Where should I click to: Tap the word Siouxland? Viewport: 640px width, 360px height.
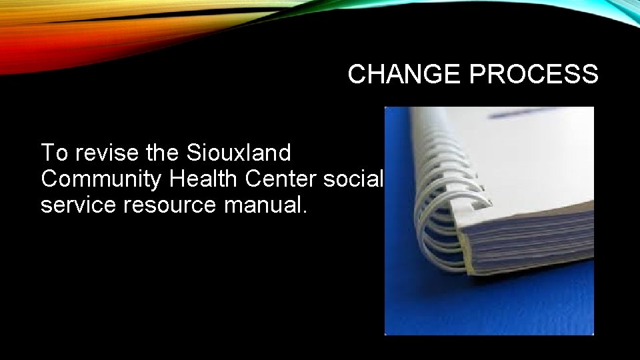click(x=239, y=153)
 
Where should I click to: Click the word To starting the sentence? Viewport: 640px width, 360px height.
click(x=54, y=153)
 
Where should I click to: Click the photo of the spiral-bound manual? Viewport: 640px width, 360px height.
click(x=489, y=220)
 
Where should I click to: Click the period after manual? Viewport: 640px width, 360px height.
click(x=305, y=212)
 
